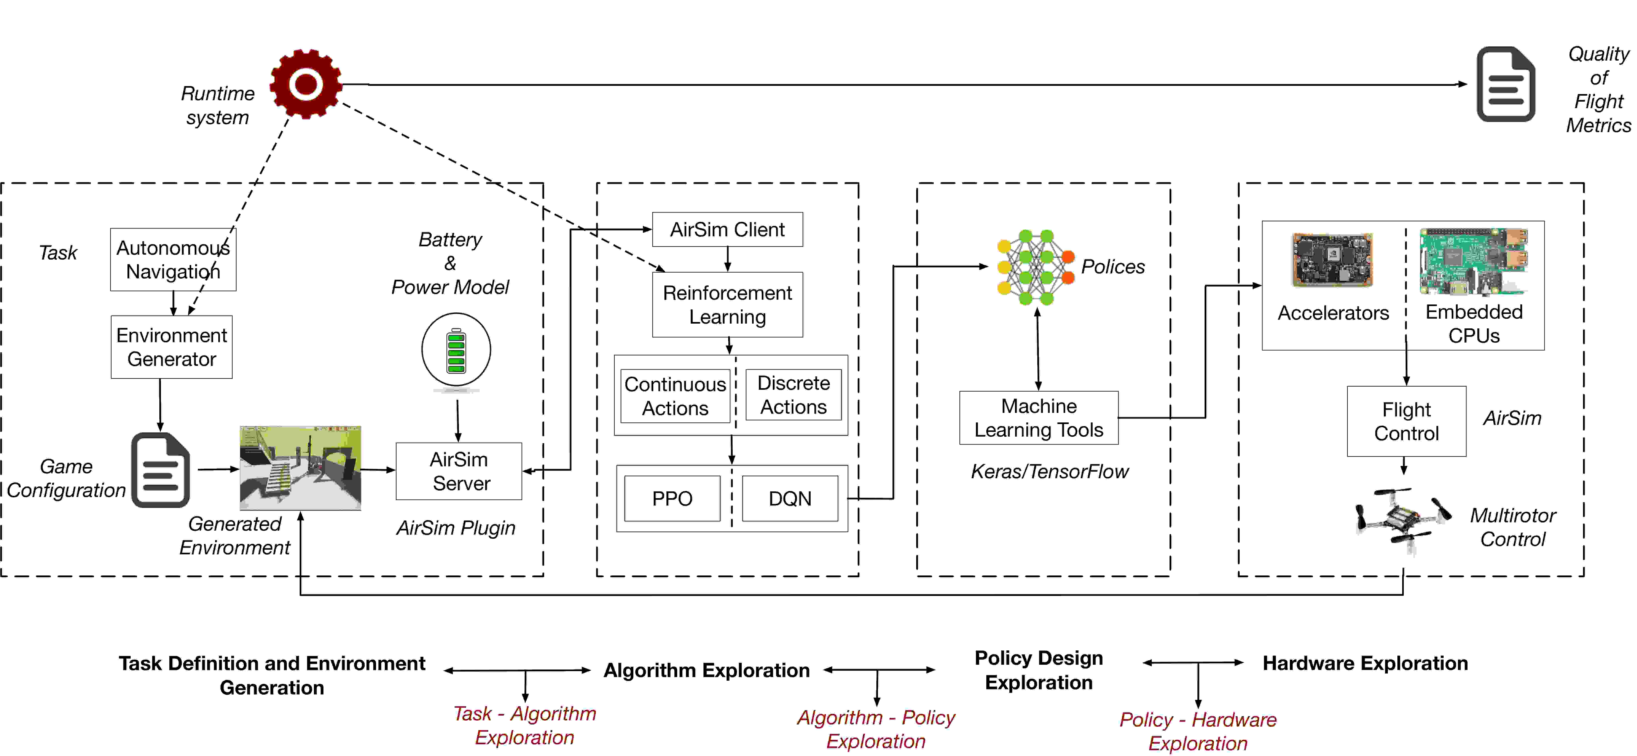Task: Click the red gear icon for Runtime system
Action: (306, 84)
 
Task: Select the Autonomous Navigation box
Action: (173, 259)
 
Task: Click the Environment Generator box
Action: (171, 347)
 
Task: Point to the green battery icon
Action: (456, 350)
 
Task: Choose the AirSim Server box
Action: (459, 471)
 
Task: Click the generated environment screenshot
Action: (300, 468)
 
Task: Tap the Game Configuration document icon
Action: (160, 470)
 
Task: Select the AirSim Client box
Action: (728, 230)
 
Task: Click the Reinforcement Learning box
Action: (728, 304)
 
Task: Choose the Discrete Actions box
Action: (793, 395)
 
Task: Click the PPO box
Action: (672, 499)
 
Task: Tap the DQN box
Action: (790, 499)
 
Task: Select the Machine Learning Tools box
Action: (1039, 418)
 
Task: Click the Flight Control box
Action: (1406, 421)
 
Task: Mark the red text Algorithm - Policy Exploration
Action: (876, 729)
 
